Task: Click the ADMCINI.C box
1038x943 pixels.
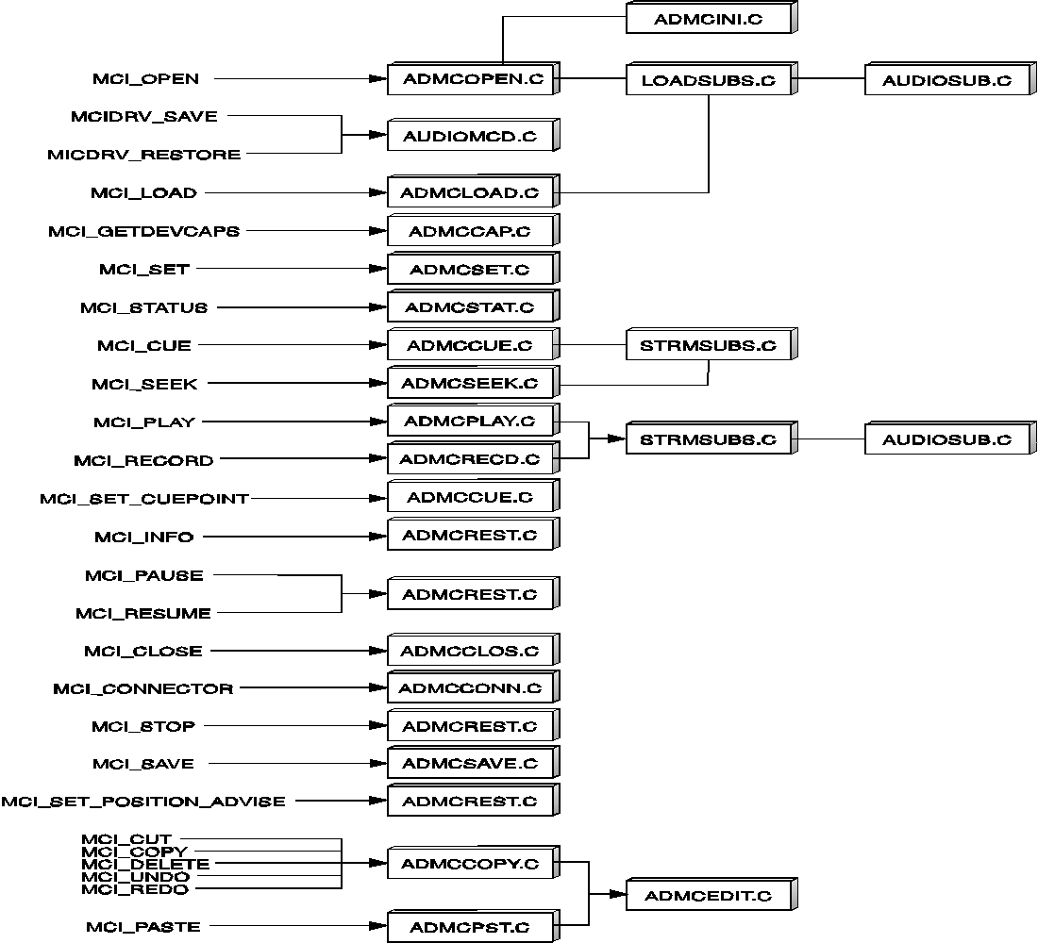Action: [x=712, y=18]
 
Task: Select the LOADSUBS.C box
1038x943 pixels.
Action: [x=712, y=79]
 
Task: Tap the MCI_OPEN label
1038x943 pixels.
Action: [x=145, y=79]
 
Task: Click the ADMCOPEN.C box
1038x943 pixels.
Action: [x=474, y=79]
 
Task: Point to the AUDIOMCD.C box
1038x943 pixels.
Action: [x=474, y=135]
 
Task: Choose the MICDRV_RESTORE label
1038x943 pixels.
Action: [x=144, y=155]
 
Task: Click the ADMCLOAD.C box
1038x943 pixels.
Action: [x=474, y=192]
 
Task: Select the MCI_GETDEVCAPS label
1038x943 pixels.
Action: [x=144, y=231]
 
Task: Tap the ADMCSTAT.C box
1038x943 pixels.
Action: [x=474, y=307]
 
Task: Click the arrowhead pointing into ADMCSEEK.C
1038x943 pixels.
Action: [x=378, y=383]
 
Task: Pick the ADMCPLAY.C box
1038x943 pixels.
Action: [x=474, y=421]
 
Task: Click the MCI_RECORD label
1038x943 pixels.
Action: [x=143, y=460]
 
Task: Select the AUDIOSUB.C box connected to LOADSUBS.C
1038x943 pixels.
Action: [x=950, y=79]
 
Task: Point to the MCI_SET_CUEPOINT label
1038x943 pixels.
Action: [x=144, y=498]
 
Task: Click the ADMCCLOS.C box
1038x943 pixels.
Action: [x=474, y=650]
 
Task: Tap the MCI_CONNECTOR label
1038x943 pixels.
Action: [x=143, y=689]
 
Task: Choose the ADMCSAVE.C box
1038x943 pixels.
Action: [x=474, y=763]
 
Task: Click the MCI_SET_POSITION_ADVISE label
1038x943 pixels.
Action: [x=143, y=802]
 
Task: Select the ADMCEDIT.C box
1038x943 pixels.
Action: [x=712, y=895]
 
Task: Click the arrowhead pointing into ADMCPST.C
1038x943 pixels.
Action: [x=378, y=926]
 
